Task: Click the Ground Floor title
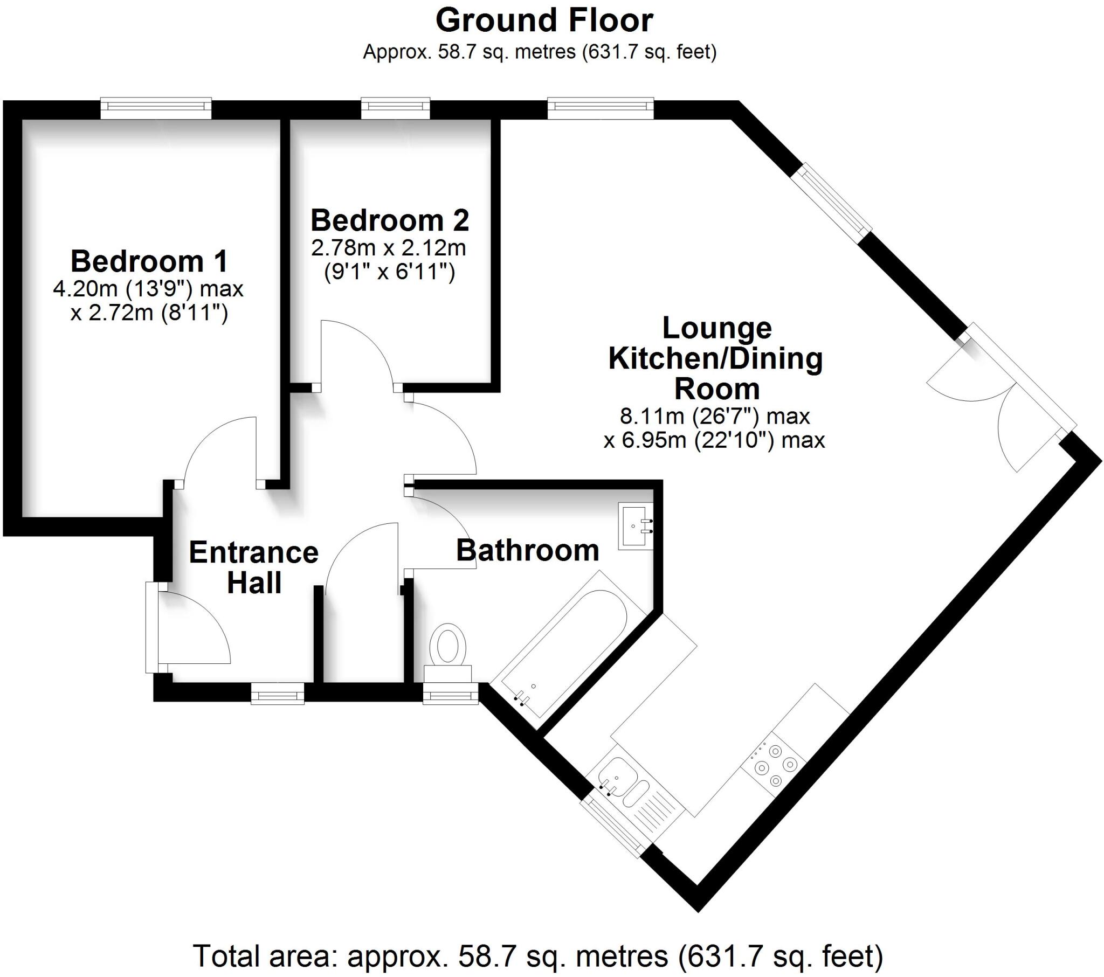point(544,21)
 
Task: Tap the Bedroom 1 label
point(149,261)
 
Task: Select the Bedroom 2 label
point(389,220)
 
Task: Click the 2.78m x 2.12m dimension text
point(388,248)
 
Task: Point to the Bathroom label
point(528,550)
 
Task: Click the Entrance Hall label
point(254,567)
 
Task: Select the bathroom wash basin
point(636,526)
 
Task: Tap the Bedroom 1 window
point(156,108)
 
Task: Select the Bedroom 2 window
point(395,108)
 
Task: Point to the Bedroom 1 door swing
point(219,448)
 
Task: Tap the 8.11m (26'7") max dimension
point(714,417)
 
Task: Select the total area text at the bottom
point(537,956)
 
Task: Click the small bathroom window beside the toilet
point(451,693)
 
